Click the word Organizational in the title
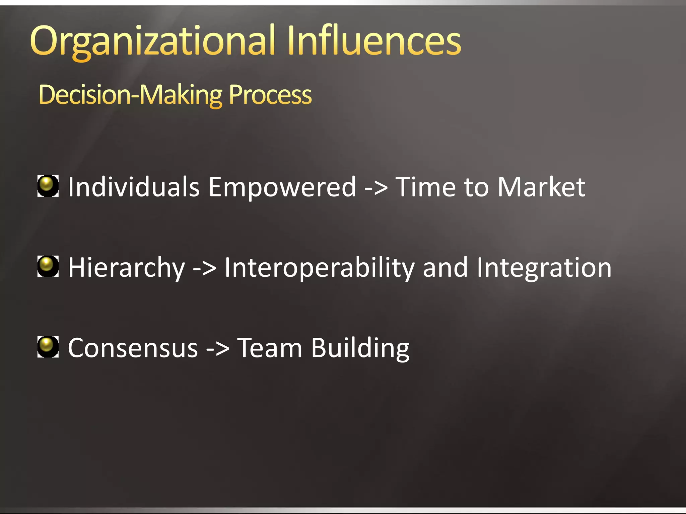tap(152, 42)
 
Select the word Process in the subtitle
tap(270, 95)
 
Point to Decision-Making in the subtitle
tap(131, 96)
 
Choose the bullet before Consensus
tap(48, 347)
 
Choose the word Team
tap(270, 348)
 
